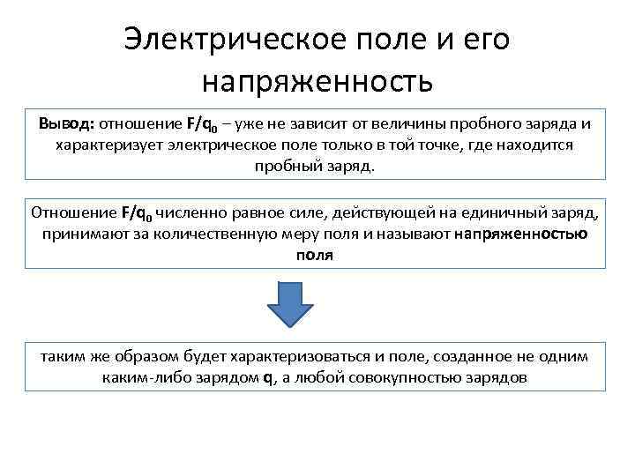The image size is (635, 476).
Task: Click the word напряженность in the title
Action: click(x=317, y=82)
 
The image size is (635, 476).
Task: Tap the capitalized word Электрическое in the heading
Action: click(x=220, y=39)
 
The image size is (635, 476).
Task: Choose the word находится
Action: click(x=528, y=144)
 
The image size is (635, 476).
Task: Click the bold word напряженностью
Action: click(x=522, y=234)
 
